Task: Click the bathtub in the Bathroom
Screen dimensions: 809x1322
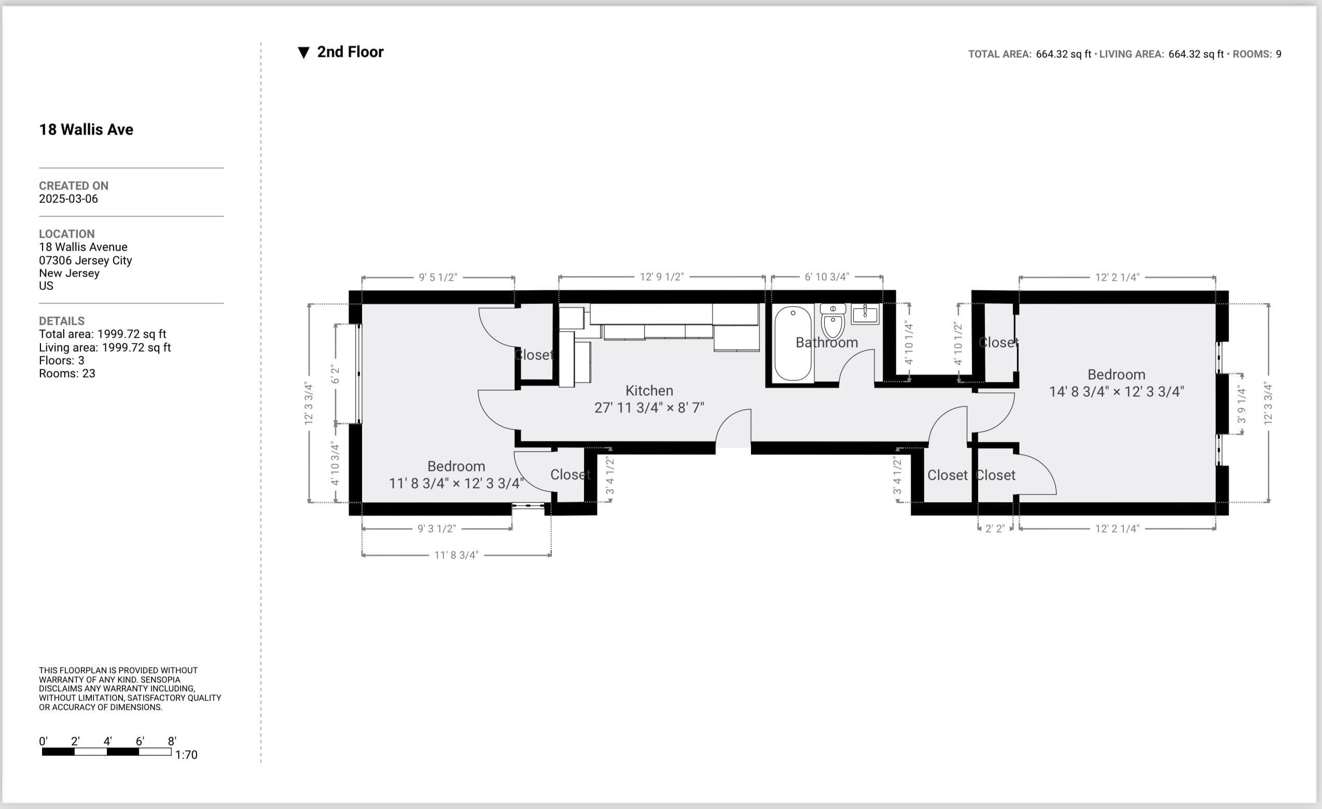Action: point(792,344)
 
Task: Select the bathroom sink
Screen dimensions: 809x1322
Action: point(865,314)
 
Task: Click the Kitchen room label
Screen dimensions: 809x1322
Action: point(649,390)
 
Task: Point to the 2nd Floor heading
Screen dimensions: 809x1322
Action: point(350,52)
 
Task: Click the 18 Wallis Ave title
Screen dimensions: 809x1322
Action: point(86,129)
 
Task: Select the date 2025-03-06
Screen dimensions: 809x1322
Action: point(68,199)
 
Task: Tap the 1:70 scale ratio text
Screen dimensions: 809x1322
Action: point(186,755)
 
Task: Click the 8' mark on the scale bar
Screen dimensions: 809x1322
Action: point(172,742)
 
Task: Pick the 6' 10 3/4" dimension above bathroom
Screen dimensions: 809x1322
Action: point(826,277)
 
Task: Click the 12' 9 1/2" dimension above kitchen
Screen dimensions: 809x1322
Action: point(662,277)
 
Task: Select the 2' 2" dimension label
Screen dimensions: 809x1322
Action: point(995,529)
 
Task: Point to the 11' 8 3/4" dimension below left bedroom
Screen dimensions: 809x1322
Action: point(456,555)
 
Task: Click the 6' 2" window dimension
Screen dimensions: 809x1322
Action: point(336,374)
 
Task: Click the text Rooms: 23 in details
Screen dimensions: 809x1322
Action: point(66,374)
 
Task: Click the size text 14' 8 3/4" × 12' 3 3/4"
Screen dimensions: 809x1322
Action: point(1116,391)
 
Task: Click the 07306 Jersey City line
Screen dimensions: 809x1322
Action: point(85,261)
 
